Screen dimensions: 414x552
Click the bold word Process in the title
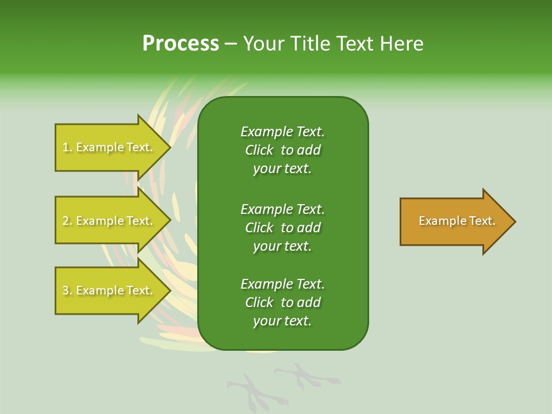181,44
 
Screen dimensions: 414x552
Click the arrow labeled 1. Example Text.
109,147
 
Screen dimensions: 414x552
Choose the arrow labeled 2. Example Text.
109,221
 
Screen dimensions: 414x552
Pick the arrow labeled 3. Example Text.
109,290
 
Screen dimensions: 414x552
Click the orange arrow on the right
454,221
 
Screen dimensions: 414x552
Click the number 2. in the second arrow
67,221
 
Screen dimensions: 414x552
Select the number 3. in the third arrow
67,290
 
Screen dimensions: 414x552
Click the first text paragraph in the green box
282,150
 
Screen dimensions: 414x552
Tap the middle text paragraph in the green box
282,228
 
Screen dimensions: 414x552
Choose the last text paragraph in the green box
282,302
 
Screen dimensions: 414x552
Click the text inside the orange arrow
457,221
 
